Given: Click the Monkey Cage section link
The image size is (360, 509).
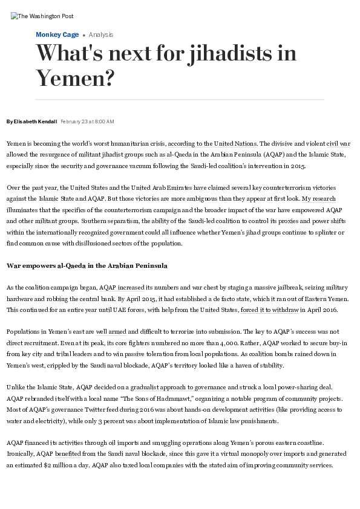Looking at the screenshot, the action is tap(57, 34).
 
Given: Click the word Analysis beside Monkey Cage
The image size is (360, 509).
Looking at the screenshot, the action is tap(101, 34).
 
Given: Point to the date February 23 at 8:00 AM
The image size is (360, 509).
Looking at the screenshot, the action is tap(87, 122).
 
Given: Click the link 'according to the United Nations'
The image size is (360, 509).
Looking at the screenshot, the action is tap(212, 144).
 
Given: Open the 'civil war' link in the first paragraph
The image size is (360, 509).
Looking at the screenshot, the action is tap(338, 144).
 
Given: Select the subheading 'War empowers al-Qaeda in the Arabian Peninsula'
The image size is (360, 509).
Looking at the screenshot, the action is tap(87, 265).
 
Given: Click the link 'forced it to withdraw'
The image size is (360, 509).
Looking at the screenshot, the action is tap(270, 310).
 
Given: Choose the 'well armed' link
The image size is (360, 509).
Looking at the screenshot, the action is tap(110, 332).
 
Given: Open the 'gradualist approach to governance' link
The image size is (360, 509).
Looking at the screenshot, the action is tap(178, 387).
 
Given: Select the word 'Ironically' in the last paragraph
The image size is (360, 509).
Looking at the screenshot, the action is tap(20, 454).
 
